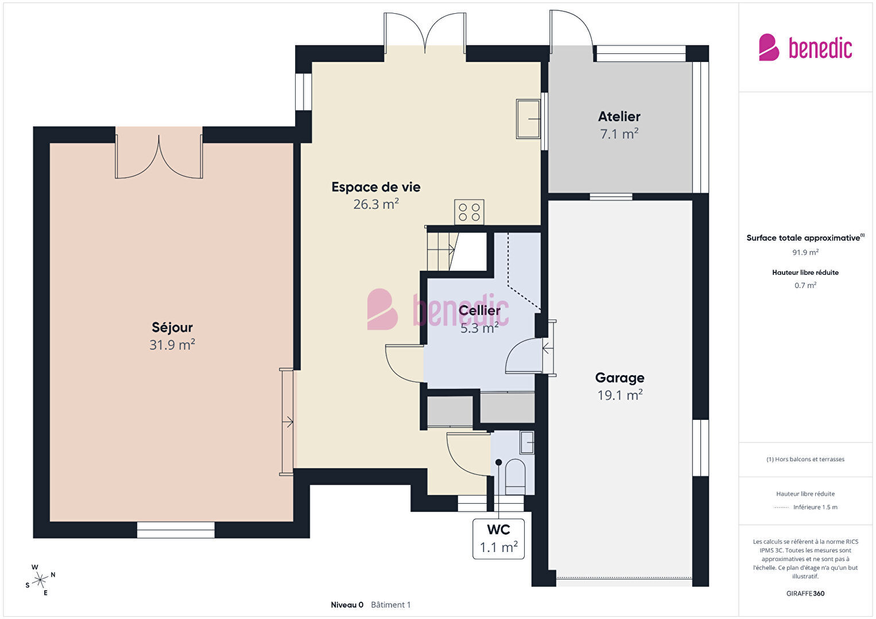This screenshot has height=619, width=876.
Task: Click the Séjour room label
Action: click(x=172, y=328)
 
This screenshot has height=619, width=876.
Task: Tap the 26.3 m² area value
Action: click(x=376, y=204)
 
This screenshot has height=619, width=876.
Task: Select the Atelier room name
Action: click(x=619, y=116)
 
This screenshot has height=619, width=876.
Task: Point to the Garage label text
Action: click(x=619, y=377)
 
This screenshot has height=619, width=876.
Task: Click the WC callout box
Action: click(x=498, y=539)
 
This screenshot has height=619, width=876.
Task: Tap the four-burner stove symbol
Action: click(x=469, y=212)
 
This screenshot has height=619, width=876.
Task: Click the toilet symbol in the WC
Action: click(x=515, y=477)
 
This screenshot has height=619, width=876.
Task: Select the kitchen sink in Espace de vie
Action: click(x=528, y=119)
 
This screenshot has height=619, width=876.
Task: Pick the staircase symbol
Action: click(x=442, y=251)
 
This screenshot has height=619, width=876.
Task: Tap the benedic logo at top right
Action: click(x=805, y=48)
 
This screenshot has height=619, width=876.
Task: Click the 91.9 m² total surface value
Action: click(x=805, y=252)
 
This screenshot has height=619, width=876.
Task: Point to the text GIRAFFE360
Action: click(x=805, y=593)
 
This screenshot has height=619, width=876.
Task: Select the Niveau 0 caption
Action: click(x=347, y=605)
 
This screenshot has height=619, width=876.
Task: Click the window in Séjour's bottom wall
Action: click(x=176, y=530)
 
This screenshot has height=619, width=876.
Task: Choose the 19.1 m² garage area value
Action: click(x=620, y=395)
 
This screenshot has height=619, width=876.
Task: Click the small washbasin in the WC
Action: click(x=527, y=442)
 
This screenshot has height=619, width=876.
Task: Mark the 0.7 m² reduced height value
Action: click(x=805, y=285)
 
